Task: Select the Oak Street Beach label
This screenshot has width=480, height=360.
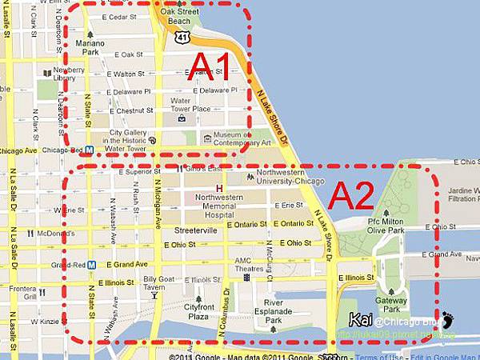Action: [178, 17]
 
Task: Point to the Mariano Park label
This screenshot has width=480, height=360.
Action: [89, 46]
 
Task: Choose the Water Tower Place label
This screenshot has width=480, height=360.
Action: [190, 105]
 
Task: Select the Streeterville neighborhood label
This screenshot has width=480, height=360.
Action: [191, 230]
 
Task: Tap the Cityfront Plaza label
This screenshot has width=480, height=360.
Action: [198, 311]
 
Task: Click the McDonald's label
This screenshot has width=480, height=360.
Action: [55, 234]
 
